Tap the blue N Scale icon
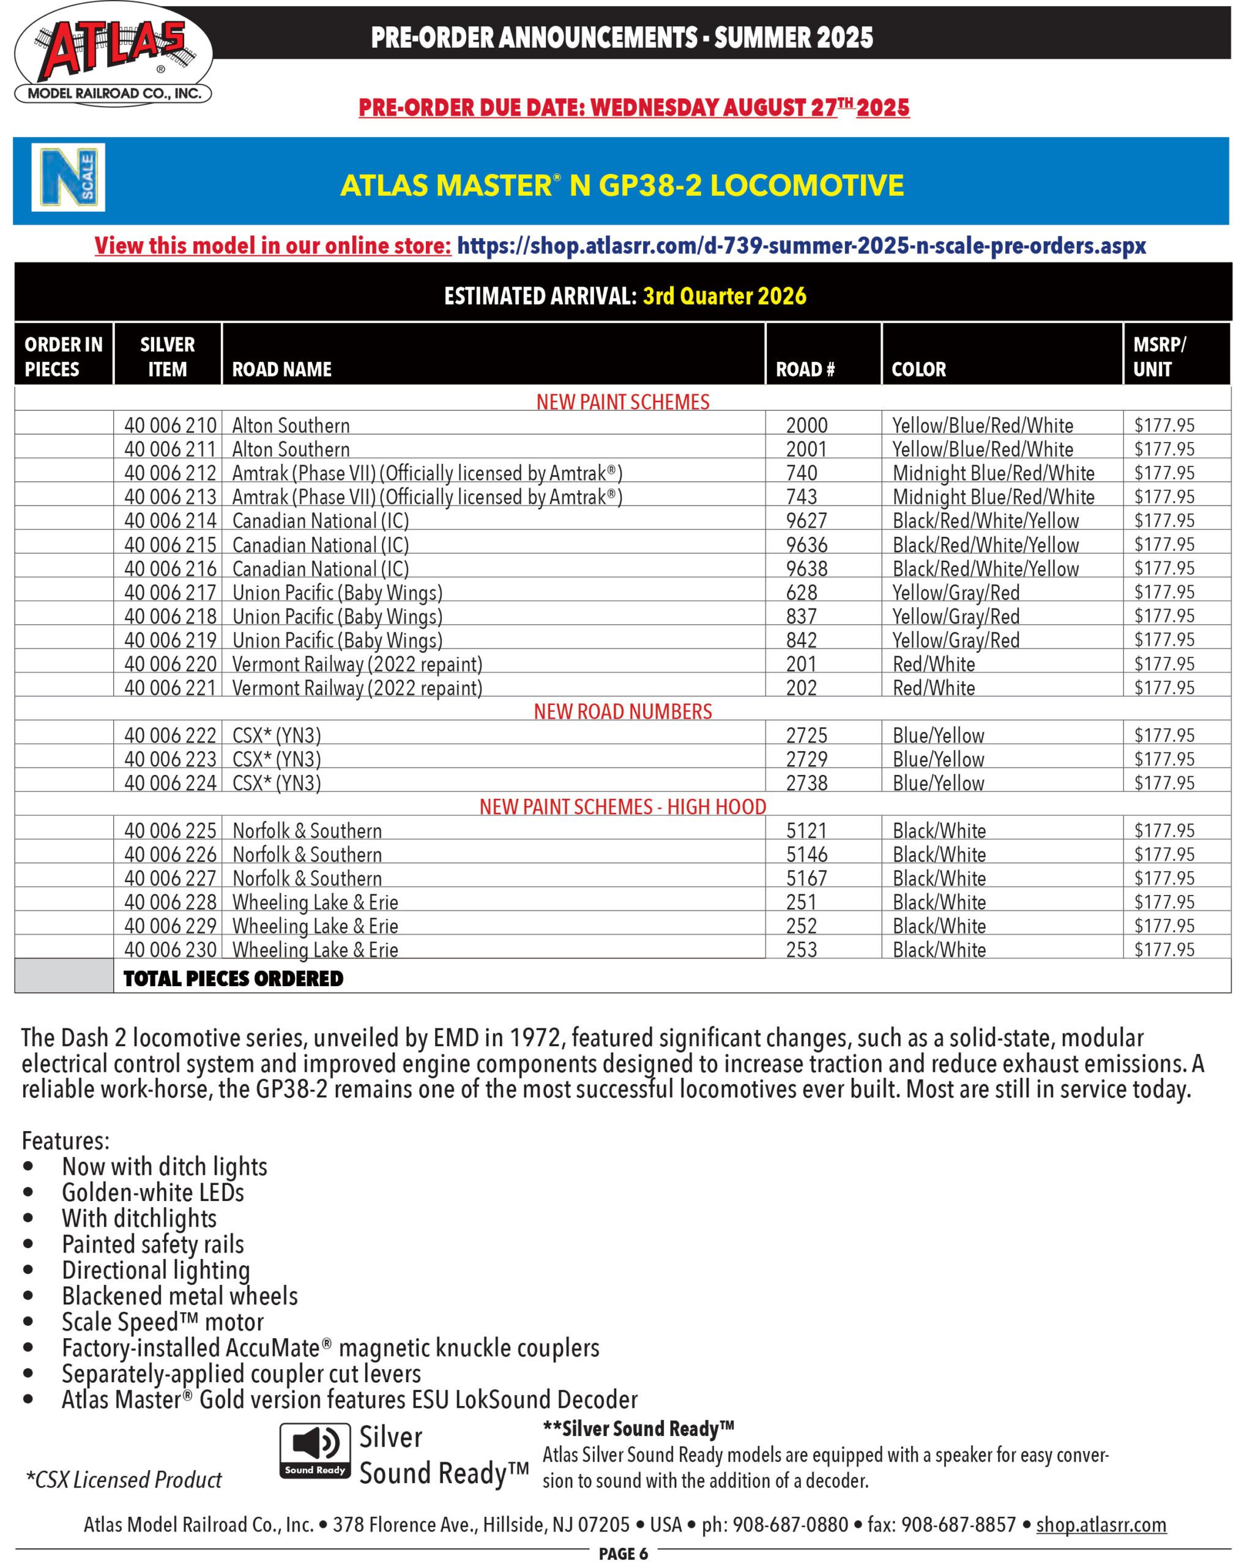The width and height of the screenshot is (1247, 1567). pyautogui.click(x=67, y=178)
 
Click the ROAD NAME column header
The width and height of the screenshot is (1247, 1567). pyautogui.click(x=281, y=369)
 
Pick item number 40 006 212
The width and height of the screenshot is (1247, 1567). pyautogui.click(x=170, y=473)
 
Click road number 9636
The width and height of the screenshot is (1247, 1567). pyautogui.click(x=806, y=545)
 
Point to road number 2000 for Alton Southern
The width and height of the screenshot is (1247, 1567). pyautogui.click(x=806, y=425)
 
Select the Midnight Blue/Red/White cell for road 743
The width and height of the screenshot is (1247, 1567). pyautogui.click(x=992, y=497)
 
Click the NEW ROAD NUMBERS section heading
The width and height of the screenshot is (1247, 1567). pyautogui.click(x=623, y=711)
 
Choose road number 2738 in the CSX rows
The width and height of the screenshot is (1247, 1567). pyautogui.click(x=806, y=783)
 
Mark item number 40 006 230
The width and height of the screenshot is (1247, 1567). pyautogui.click(x=170, y=950)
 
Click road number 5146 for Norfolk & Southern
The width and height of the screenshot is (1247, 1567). pyautogui.click(x=806, y=855)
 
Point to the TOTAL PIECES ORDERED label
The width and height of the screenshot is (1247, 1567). pyautogui.click(x=233, y=978)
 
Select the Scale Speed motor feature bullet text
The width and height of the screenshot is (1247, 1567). pyautogui.click(x=162, y=1322)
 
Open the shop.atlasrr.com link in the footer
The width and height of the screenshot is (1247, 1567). pyautogui.click(x=1100, y=1525)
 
